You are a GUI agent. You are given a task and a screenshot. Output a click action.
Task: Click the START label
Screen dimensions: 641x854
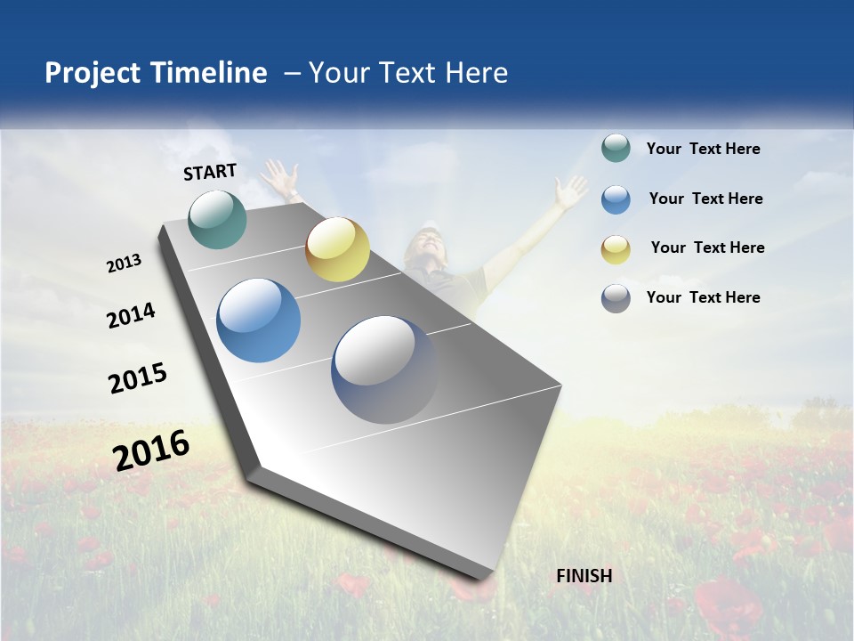click(210, 172)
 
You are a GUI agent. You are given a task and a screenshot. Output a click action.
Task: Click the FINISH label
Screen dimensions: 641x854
click(584, 576)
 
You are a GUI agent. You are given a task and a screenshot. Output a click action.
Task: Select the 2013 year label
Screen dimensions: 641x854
click(124, 264)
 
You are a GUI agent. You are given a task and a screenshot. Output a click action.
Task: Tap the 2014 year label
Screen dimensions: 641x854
click(131, 315)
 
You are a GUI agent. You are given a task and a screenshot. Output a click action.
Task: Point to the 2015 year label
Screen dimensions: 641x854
click(138, 377)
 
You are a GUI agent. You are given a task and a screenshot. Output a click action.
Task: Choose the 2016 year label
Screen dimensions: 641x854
click(151, 450)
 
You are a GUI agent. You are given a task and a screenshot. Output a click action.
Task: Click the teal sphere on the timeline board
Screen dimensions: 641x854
click(218, 219)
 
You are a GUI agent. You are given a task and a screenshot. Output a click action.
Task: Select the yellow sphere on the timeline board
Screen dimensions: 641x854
click(337, 249)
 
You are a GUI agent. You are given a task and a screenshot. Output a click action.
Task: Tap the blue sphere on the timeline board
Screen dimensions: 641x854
click(259, 320)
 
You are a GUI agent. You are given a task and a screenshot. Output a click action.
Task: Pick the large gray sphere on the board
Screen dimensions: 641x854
click(385, 369)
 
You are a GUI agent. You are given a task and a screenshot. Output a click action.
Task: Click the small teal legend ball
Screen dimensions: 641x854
click(616, 148)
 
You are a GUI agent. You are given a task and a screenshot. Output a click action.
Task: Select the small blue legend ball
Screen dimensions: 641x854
click(616, 199)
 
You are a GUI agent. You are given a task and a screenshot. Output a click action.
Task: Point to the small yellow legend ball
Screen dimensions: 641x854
click(616, 249)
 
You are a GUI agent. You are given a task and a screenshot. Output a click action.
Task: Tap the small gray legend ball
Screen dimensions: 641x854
click(616, 298)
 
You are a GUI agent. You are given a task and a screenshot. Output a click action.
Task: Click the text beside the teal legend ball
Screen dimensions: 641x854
click(703, 149)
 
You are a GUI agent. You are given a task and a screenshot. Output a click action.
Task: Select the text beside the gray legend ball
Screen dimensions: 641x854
click(703, 297)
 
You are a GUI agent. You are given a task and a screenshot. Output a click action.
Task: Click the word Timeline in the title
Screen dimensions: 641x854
click(210, 73)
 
